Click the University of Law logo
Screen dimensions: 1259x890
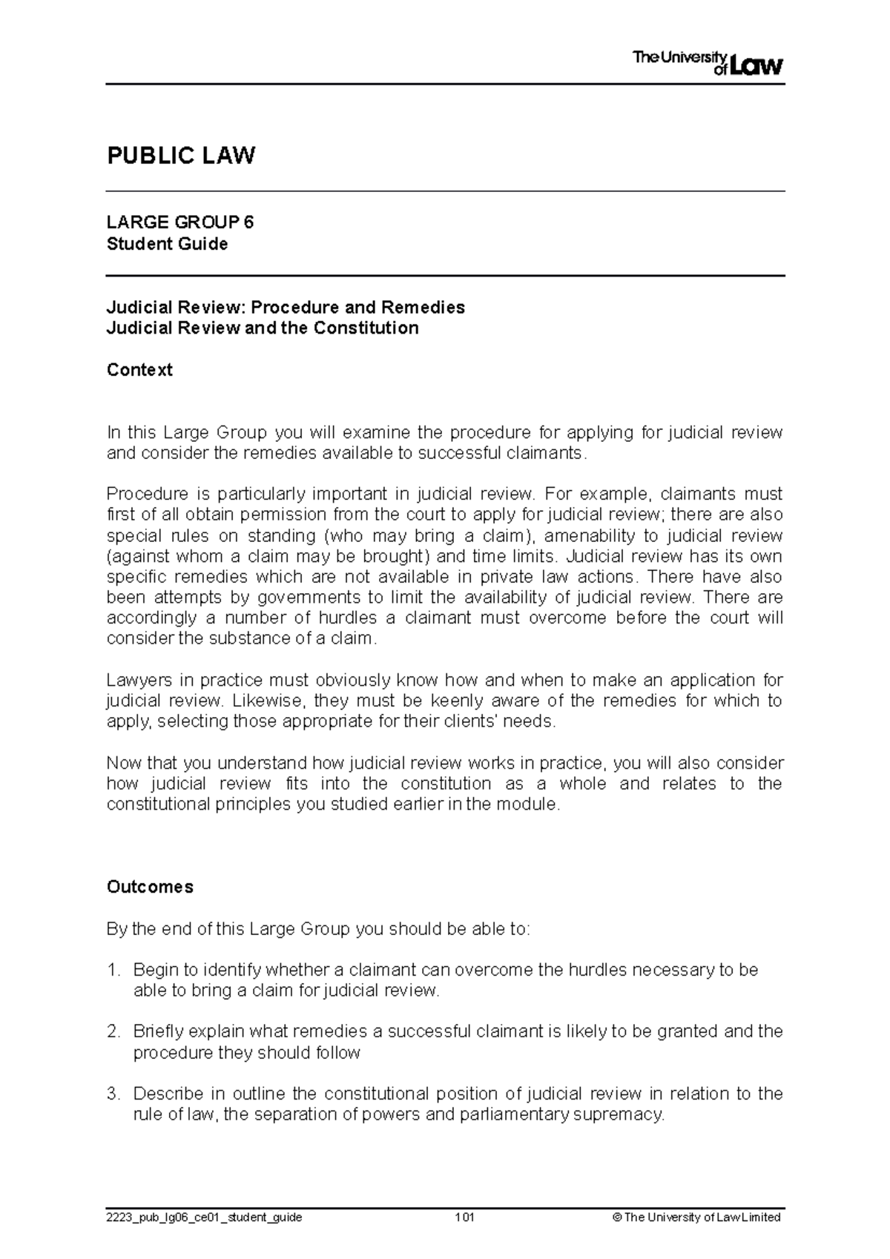(708, 64)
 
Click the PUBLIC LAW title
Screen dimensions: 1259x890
(181, 156)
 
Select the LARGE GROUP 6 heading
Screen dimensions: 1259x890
(180, 222)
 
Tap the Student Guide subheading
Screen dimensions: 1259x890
(167, 244)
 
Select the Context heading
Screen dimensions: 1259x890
(139, 369)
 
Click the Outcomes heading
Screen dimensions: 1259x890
(150, 887)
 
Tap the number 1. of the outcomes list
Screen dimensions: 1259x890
(113, 970)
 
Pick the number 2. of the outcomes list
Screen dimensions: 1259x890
(113, 1031)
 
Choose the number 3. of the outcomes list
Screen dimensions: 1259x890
(113, 1094)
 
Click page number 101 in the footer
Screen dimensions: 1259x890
(465, 1217)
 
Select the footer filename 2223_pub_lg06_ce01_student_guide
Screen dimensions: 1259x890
(204, 1217)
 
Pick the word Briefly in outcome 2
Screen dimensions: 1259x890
(158, 1031)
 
